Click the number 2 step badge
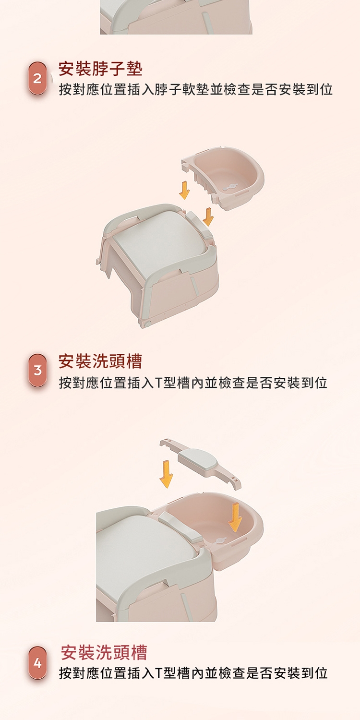coord(37,78)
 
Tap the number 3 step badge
coord(37,370)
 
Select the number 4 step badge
coord(37,663)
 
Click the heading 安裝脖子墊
coord(100,69)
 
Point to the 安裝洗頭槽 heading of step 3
coord(100,361)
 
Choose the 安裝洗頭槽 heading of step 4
coord(104,652)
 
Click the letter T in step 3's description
coord(159,383)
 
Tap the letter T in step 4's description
coord(159,673)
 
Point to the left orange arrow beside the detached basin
coord(184,190)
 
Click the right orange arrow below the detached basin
coord(208,216)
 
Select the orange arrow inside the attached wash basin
coord(235,517)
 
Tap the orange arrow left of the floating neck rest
coord(166,474)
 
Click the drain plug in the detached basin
coord(231,187)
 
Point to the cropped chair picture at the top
coord(176,17)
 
